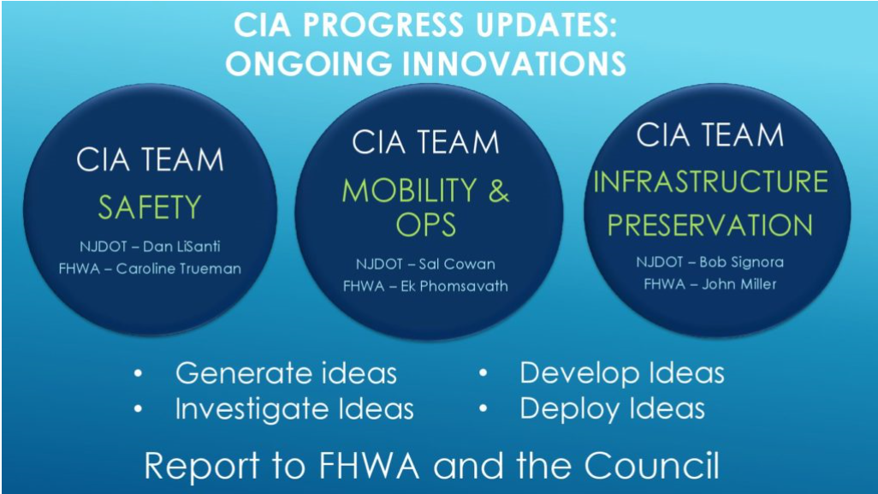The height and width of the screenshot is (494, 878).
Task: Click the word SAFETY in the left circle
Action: pyautogui.click(x=150, y=207)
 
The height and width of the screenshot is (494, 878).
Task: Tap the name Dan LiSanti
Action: pyautogui.click(x=181, y=247)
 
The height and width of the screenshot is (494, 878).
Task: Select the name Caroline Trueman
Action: pyautogui.click(x=179, y=269)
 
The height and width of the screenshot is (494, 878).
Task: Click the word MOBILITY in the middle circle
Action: pyautogui.click(x=409, y=190)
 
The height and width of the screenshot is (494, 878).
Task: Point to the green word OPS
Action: pyautogui.click(x=425, y=225)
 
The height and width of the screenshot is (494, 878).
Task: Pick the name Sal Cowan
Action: pyautogui.click(x=457, y=264)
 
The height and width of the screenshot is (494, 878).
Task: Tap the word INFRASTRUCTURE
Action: pyautogui.click(x=710, y=182)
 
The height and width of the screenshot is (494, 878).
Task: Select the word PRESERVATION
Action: pyautogui.click(x=710, y=225)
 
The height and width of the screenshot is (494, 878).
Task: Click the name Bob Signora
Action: pyautogui.click(x=741, y=262)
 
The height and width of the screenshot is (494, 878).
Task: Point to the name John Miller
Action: pyautogui.click(x=739, y=284)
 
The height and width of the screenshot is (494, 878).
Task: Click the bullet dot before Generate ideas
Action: pyautogui.click(x=139, y=373)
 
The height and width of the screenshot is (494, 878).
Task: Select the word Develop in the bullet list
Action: pyautogui.click(x=580, y=374)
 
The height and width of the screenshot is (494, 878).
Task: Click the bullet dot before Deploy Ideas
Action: pyautogui.click(x=483, y=409)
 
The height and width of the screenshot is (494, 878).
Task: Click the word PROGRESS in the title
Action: pyautogui.click(x=383, y=25)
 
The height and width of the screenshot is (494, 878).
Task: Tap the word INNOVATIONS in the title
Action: pyautogui.click(x=513, y=63)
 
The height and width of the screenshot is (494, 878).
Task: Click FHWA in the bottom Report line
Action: pyautogui.click(x=369, y=466)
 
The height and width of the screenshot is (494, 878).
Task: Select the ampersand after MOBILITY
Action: pyautogui.click(x=498, y=190)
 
